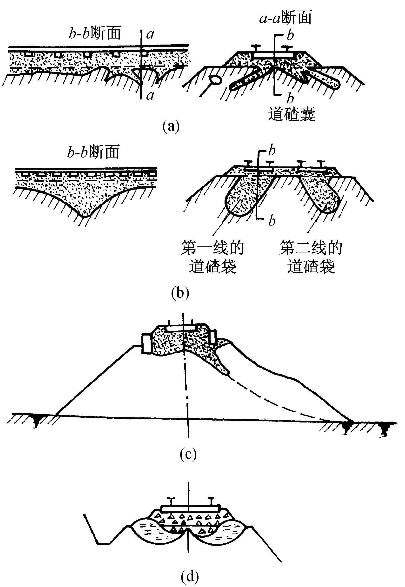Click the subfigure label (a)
[171, 126]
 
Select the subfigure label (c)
[188, 454]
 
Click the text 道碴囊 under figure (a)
[292, 114]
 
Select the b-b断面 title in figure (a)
[95, 33]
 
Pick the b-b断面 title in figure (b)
[93, 152]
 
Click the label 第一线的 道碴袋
[212, 257]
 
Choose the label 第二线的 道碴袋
[311, 257]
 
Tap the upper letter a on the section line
[150, 34]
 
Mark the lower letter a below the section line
[150, 96]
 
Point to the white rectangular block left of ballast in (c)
[146, 343]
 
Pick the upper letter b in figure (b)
[272, 151]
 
